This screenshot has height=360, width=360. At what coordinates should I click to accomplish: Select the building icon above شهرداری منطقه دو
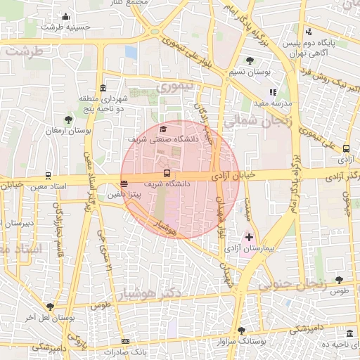[x=103, y=89]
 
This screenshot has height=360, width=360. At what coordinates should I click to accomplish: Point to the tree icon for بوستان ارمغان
[x=68, y=120]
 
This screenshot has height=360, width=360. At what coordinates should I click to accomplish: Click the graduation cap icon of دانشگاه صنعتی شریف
[x=164, y=129]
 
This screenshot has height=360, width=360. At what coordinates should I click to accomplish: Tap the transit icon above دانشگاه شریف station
[x=167, y=172]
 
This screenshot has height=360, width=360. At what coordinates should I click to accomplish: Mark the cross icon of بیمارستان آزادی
[x=249, y=238]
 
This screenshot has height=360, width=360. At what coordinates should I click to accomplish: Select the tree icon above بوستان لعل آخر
[x=50, y=307]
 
